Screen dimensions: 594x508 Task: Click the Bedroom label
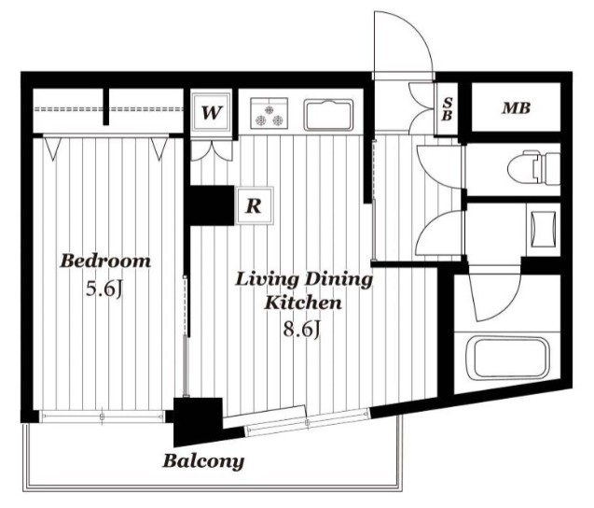105,261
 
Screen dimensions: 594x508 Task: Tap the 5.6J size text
104,289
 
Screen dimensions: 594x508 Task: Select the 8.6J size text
302,329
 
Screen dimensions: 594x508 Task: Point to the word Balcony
203,461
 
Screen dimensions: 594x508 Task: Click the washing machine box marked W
211,111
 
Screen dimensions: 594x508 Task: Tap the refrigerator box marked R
255,205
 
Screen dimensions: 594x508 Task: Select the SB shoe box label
447,109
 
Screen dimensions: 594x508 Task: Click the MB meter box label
516,108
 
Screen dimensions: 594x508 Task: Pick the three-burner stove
269,113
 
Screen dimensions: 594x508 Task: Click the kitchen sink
328,115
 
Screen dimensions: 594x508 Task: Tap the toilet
533,167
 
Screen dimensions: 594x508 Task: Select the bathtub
507,359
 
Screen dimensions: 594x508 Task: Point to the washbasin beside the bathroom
544,229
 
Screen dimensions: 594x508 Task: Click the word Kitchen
303,303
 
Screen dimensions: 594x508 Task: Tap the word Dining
338,280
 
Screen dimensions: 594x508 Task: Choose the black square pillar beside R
213,205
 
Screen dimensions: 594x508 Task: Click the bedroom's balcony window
103,416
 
